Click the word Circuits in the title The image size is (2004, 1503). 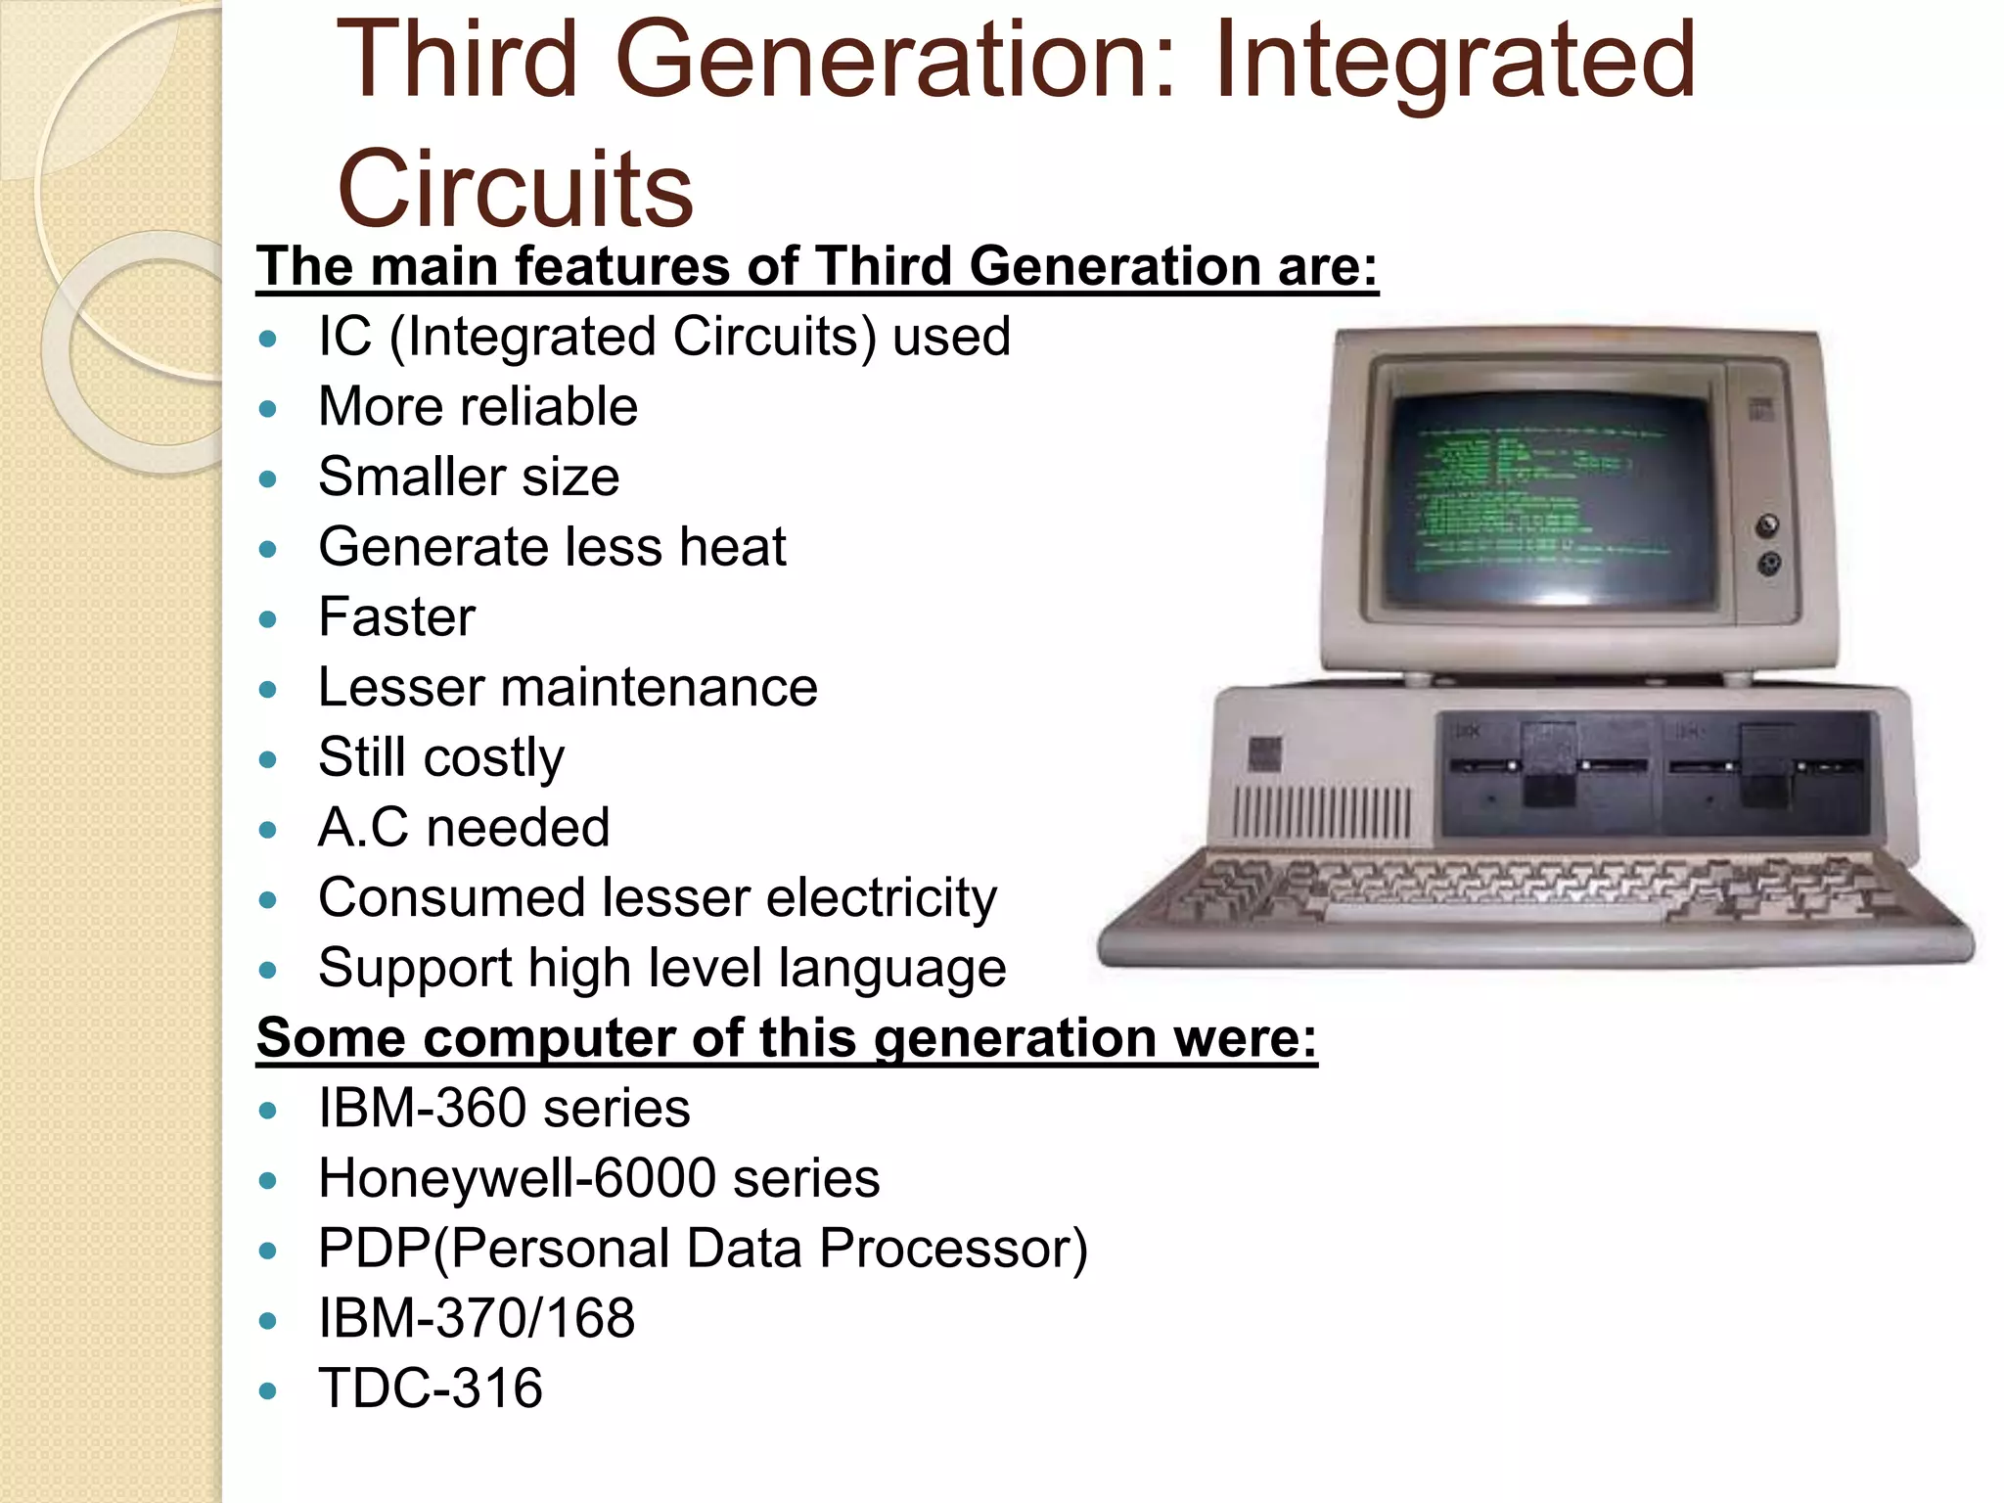click(x=515, y=188)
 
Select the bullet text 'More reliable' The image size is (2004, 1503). click(x=478, y=406)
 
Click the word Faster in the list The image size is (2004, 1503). click(x=396, y=616)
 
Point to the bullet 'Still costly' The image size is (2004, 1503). click(x=441, y=757)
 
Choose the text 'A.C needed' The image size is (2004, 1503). click(x=464, y=828)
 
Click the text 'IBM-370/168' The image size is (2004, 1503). click(x=477, y=1318)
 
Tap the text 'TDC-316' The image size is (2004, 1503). click(x=431, y=1389)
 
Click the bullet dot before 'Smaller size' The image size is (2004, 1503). click(x=269, y=479)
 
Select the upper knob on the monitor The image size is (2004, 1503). click(x=1766, y=525)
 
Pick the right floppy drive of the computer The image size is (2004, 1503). click(x=1766, y=773)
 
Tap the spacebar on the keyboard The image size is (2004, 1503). click(x=1492, y=914)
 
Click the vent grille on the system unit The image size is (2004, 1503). click(x=1321, y=812)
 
